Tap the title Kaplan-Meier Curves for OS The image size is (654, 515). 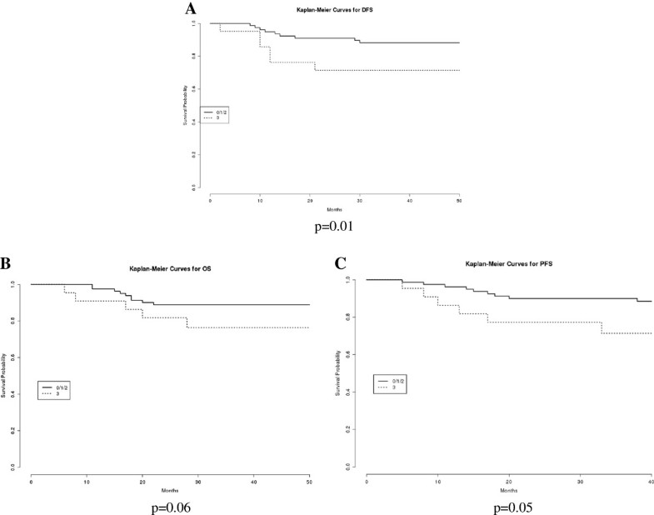click(x=169, y=269)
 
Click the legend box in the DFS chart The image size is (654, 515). click(x=214, y=115)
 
